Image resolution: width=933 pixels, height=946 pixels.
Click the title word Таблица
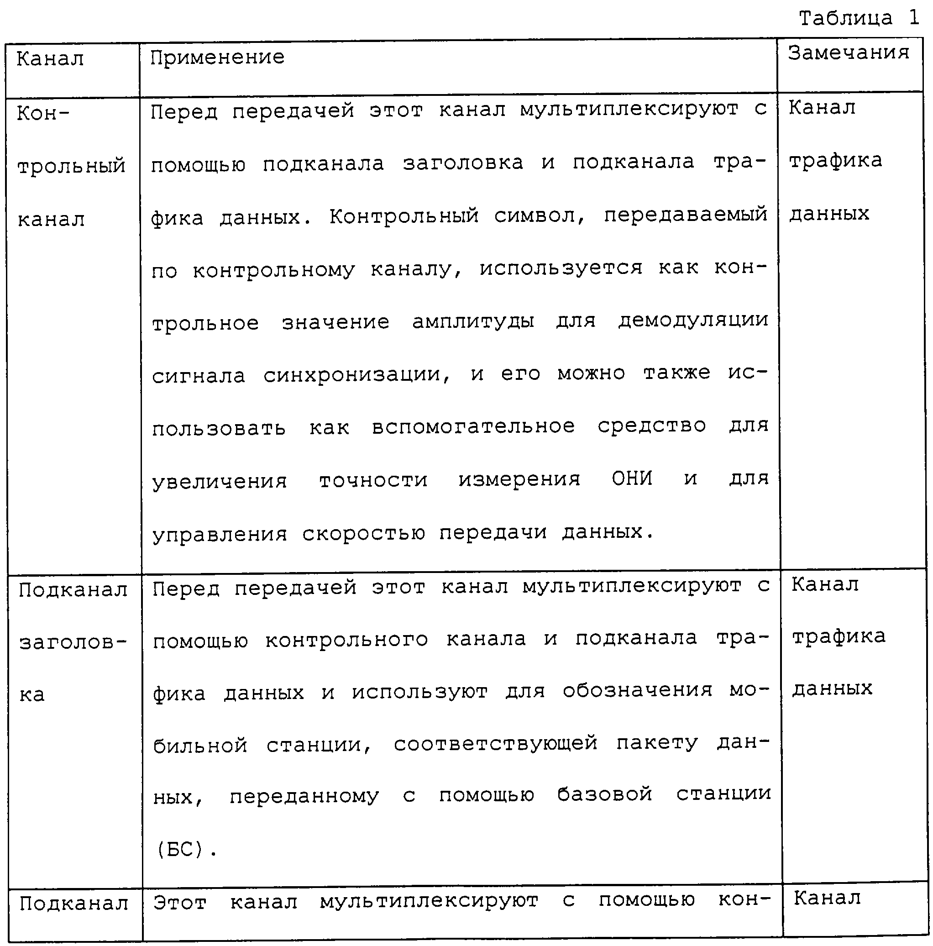point(845,19)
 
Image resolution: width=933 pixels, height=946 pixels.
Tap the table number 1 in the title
point(913,18)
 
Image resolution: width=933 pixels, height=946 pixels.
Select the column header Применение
point(217,58)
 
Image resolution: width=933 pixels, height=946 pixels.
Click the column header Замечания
point(848,53)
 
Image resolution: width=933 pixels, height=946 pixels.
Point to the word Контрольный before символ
point(404,216)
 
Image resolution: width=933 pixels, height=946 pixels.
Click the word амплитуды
point(472,322)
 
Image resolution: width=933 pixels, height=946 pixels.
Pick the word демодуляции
point(692,321)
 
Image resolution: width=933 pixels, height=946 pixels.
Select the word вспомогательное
point(473,427)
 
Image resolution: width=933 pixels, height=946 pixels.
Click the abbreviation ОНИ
point(631,478)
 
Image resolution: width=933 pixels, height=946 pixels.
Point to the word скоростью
point(363,533)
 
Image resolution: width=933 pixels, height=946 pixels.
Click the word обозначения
point(637,691)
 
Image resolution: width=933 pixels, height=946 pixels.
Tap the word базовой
point(604,795)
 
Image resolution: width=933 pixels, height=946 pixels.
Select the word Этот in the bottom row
point(180,903)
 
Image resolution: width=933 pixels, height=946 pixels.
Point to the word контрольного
point(346,640)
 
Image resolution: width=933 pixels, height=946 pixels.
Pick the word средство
point(651,426)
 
